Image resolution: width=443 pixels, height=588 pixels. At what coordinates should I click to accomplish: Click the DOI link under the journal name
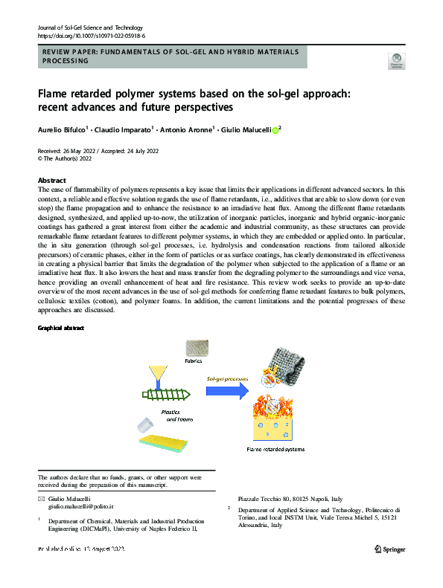(x=91, y=35)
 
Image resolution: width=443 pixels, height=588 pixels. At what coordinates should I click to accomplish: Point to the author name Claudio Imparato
(x=122, y=129)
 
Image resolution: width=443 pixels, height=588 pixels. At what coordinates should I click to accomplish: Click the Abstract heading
(x=51, y=181)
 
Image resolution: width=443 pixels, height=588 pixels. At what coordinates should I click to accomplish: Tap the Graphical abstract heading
(x=61, y=328)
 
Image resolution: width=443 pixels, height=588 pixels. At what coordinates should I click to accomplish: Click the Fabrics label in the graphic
(x=194, y=361)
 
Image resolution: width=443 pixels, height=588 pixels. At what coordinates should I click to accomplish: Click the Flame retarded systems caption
(x=275, y=450)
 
